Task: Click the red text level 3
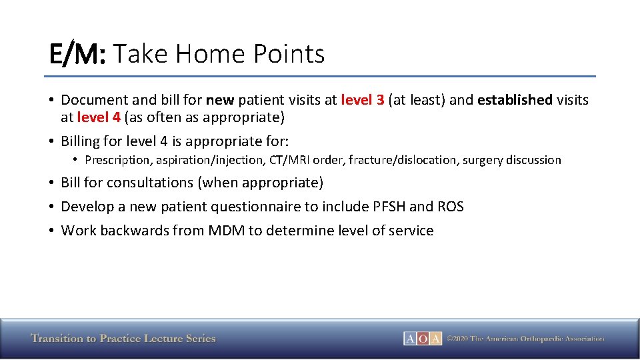pyautogui.click(x=362, y=100)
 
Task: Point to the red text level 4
pyautogui.click(x=99, y=118)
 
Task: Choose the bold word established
pyautogui.click(x=515, y=100)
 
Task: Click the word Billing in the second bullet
pyautogui.click(x=83, y=141)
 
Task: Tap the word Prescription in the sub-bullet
pyautogui.click(x=118, y=160)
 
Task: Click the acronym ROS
pyautogui.click(x=451, y=207)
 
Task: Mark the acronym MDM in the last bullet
pyautogui.click(x=226, y=231)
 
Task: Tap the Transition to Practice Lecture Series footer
pyautogui.click(x=123, y=339)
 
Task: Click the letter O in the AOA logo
pyautogui.click(x=423, y=339)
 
